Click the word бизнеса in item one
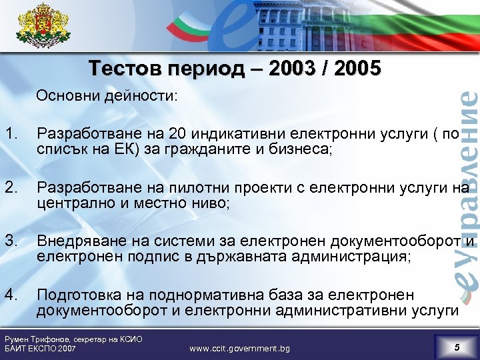pyautogui.click(x=299, y=150)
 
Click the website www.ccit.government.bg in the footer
pyautogui.click(x=239, y=348)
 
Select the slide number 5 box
pyautogui.click(x=456, y=347)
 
